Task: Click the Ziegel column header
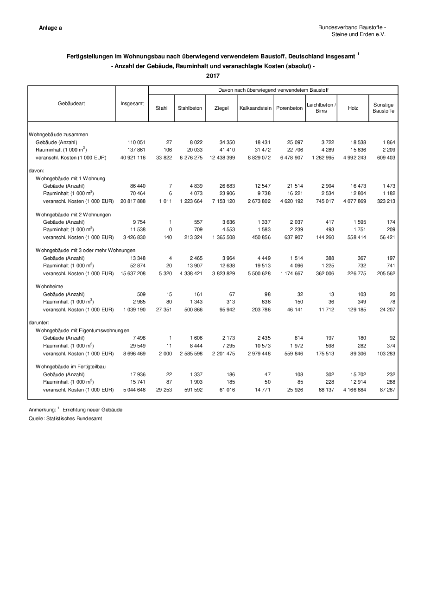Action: coord(221,108)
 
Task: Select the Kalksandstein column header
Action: coord(255,108)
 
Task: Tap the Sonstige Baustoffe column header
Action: coord(383,108)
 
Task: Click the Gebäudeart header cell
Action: coord(71,103)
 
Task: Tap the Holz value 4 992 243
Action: coord(353,158)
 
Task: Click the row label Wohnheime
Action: coord(49,286)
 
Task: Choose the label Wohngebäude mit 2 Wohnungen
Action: coord(73,215)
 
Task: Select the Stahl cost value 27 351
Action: coord(162,309)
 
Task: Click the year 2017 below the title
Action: coord(213,76)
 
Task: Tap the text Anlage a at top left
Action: coord(51,28)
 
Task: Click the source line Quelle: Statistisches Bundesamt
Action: coord(65,418)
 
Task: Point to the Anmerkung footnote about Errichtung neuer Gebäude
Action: coord(76,410)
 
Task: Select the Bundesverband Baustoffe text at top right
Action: coord(352,28)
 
